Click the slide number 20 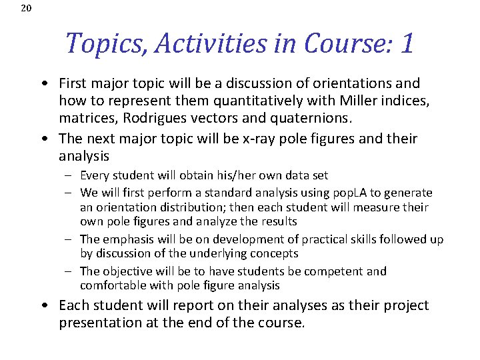pos(26,9)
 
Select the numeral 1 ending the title pos(407,44)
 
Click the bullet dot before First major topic pos(43,84)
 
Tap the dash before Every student pos(69,176)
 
